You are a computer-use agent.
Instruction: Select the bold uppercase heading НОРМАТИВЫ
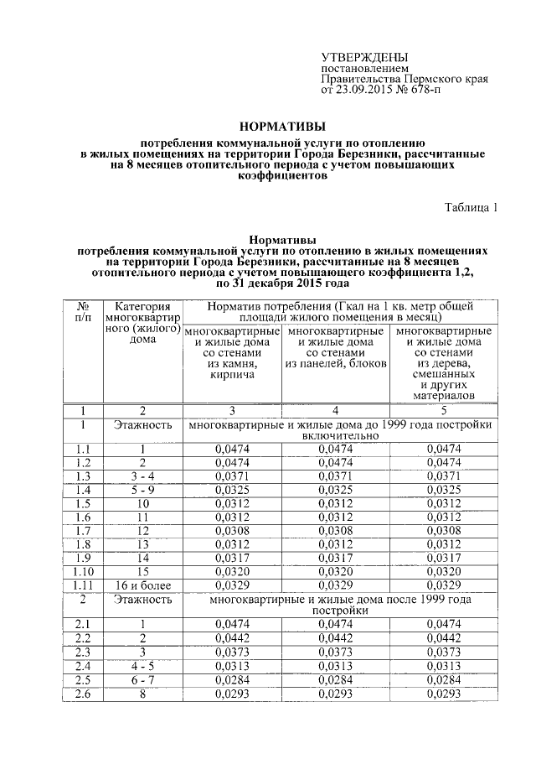tap(281, 127)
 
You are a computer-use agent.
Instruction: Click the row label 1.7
tap(84, 531)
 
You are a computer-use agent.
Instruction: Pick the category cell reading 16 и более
tap(142, 585)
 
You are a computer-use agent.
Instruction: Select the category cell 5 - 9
tap(142, 490)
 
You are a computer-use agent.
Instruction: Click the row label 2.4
tap(84, 666)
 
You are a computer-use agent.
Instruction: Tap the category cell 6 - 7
tap(142, 679)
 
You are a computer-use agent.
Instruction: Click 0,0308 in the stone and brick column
tap(232, 531)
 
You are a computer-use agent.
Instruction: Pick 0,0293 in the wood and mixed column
tap(444, 694)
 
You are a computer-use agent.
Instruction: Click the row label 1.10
tap(84, 571)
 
